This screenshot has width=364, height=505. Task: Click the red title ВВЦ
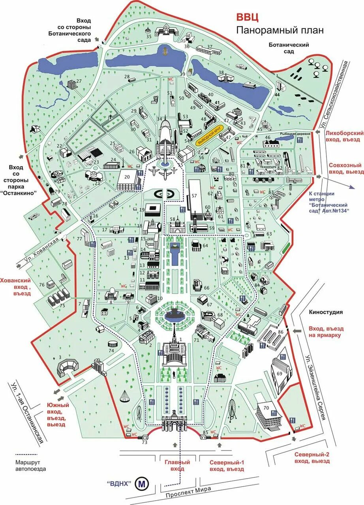click(248, 17)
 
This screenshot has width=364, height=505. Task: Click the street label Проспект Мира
click(188, 492)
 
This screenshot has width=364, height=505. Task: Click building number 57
click(194, 196)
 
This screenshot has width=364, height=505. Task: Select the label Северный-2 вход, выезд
click(312, 457)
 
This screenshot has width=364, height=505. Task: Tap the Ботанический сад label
click(289, 48)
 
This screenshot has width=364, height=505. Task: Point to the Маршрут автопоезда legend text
click(31, 466)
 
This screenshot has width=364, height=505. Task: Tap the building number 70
click(266, 408)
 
